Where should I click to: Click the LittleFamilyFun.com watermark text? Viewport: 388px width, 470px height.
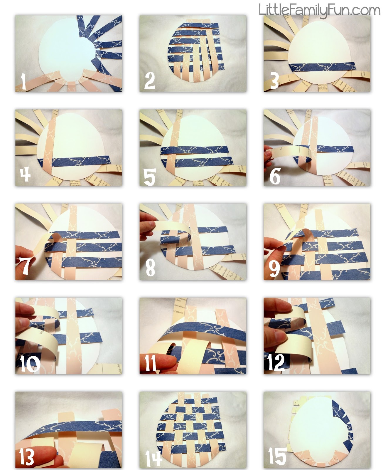click(319, 10)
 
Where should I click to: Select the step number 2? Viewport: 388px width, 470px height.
click(150, 81)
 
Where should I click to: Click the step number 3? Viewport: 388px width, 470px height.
click(274, 81)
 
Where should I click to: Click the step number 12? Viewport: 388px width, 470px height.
click(276, 362)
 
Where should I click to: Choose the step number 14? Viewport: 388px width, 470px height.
click(153, 458)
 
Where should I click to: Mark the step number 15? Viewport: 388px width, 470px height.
click(277, 456)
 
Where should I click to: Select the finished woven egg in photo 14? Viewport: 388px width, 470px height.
click(192, 429)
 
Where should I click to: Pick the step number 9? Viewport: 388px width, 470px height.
click(274, 268)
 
